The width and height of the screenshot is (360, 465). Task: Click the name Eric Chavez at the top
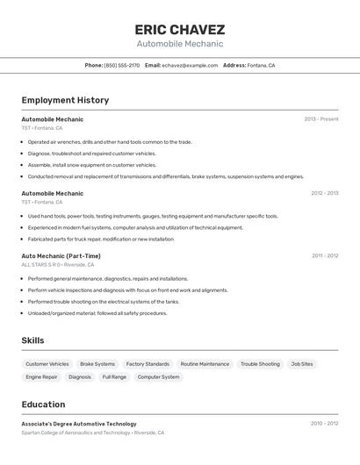[x=180, y=29]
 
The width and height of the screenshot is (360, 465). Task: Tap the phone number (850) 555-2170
[x=122, y=65]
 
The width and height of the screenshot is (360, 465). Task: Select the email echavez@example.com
[x=190, y=65]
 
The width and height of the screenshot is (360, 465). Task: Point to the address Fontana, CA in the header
[x=261, y=65]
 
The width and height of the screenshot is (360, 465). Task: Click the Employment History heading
[x=65, y=100]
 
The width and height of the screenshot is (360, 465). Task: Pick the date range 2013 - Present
[x=321, y=119]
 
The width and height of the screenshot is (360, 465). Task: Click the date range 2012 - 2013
[x=324, y=193]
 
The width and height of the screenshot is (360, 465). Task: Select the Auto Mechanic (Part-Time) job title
[x=61, y=256]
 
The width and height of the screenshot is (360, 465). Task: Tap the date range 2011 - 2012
[x=325, y=256]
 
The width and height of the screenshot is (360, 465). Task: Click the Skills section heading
[x=32, y=340]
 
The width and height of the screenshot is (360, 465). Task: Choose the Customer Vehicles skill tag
[x=47, y=364]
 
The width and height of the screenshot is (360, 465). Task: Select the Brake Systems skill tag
[x=97, y=364]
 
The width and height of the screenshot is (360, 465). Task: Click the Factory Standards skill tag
[x=148, y=364]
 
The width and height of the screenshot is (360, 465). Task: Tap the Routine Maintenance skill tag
[x=205, y=364]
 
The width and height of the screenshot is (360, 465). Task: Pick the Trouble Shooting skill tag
[x=260, y=364]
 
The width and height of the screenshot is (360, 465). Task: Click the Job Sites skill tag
[x=302, y=364]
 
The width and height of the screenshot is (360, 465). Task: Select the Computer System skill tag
[x=158, y=377]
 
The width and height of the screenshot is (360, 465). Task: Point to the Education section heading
[x=43, y=404]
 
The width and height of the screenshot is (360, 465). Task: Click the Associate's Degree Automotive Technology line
[x=79, y=424]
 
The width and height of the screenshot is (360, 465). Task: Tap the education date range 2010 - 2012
[x=324, y=424]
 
